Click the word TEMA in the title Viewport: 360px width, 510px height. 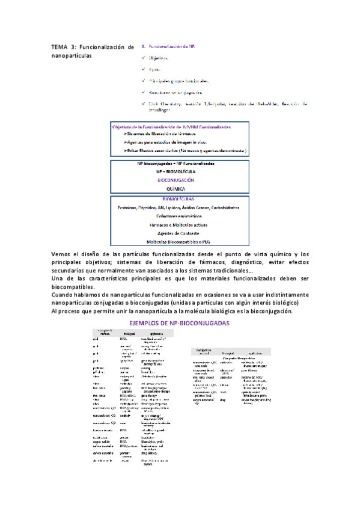click(60, 48)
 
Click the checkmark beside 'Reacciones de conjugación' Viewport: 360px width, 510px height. click(143, 92)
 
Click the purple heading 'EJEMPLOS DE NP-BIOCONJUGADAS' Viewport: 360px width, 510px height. click(179, 324)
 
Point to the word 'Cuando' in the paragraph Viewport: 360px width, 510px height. click(64, 295)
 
